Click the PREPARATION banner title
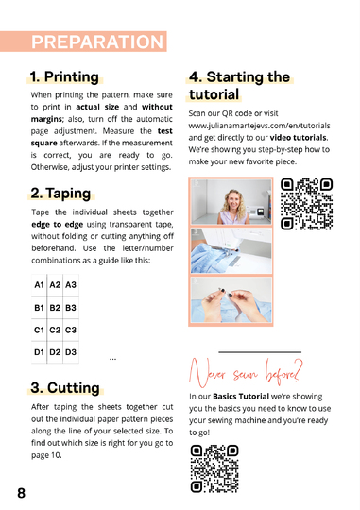pos(97,42)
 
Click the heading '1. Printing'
pos(64,76)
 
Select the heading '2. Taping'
pos(60,194)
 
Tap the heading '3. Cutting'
pos(64,387)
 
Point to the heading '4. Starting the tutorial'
pos(239,86)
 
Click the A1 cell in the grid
pos(39,284)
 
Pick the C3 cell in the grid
pos(71,331)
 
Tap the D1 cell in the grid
pos(39,352)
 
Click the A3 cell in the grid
pos(71,284)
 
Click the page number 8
pos(21,493)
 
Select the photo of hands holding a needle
pos(231,300)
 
